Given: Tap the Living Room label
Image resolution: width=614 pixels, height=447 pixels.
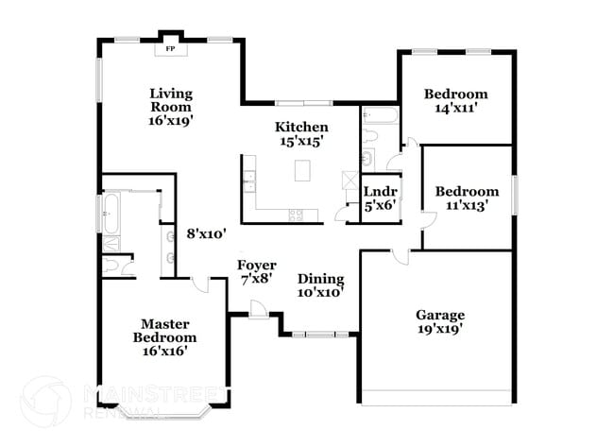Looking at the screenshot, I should click(171, 106).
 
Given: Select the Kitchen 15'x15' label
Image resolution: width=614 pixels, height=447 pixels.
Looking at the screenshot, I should click(301, 133).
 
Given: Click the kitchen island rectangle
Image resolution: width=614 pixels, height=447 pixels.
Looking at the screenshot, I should click(302, 171).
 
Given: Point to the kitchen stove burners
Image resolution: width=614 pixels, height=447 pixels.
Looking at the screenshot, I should click(296, 214).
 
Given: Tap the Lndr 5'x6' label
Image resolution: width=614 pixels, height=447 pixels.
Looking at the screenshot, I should click(380, 199).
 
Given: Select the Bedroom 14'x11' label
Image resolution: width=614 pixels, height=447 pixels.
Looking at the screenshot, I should click(455, 100).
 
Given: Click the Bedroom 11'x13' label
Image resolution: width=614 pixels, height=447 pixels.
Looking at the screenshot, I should click(467, 198).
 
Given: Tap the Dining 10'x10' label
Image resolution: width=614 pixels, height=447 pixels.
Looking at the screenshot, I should click(320, 285).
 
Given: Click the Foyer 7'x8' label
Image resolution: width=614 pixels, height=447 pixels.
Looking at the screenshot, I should click(256, 271).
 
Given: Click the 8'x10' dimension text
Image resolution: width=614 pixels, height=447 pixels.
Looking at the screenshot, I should click(204, 232).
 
